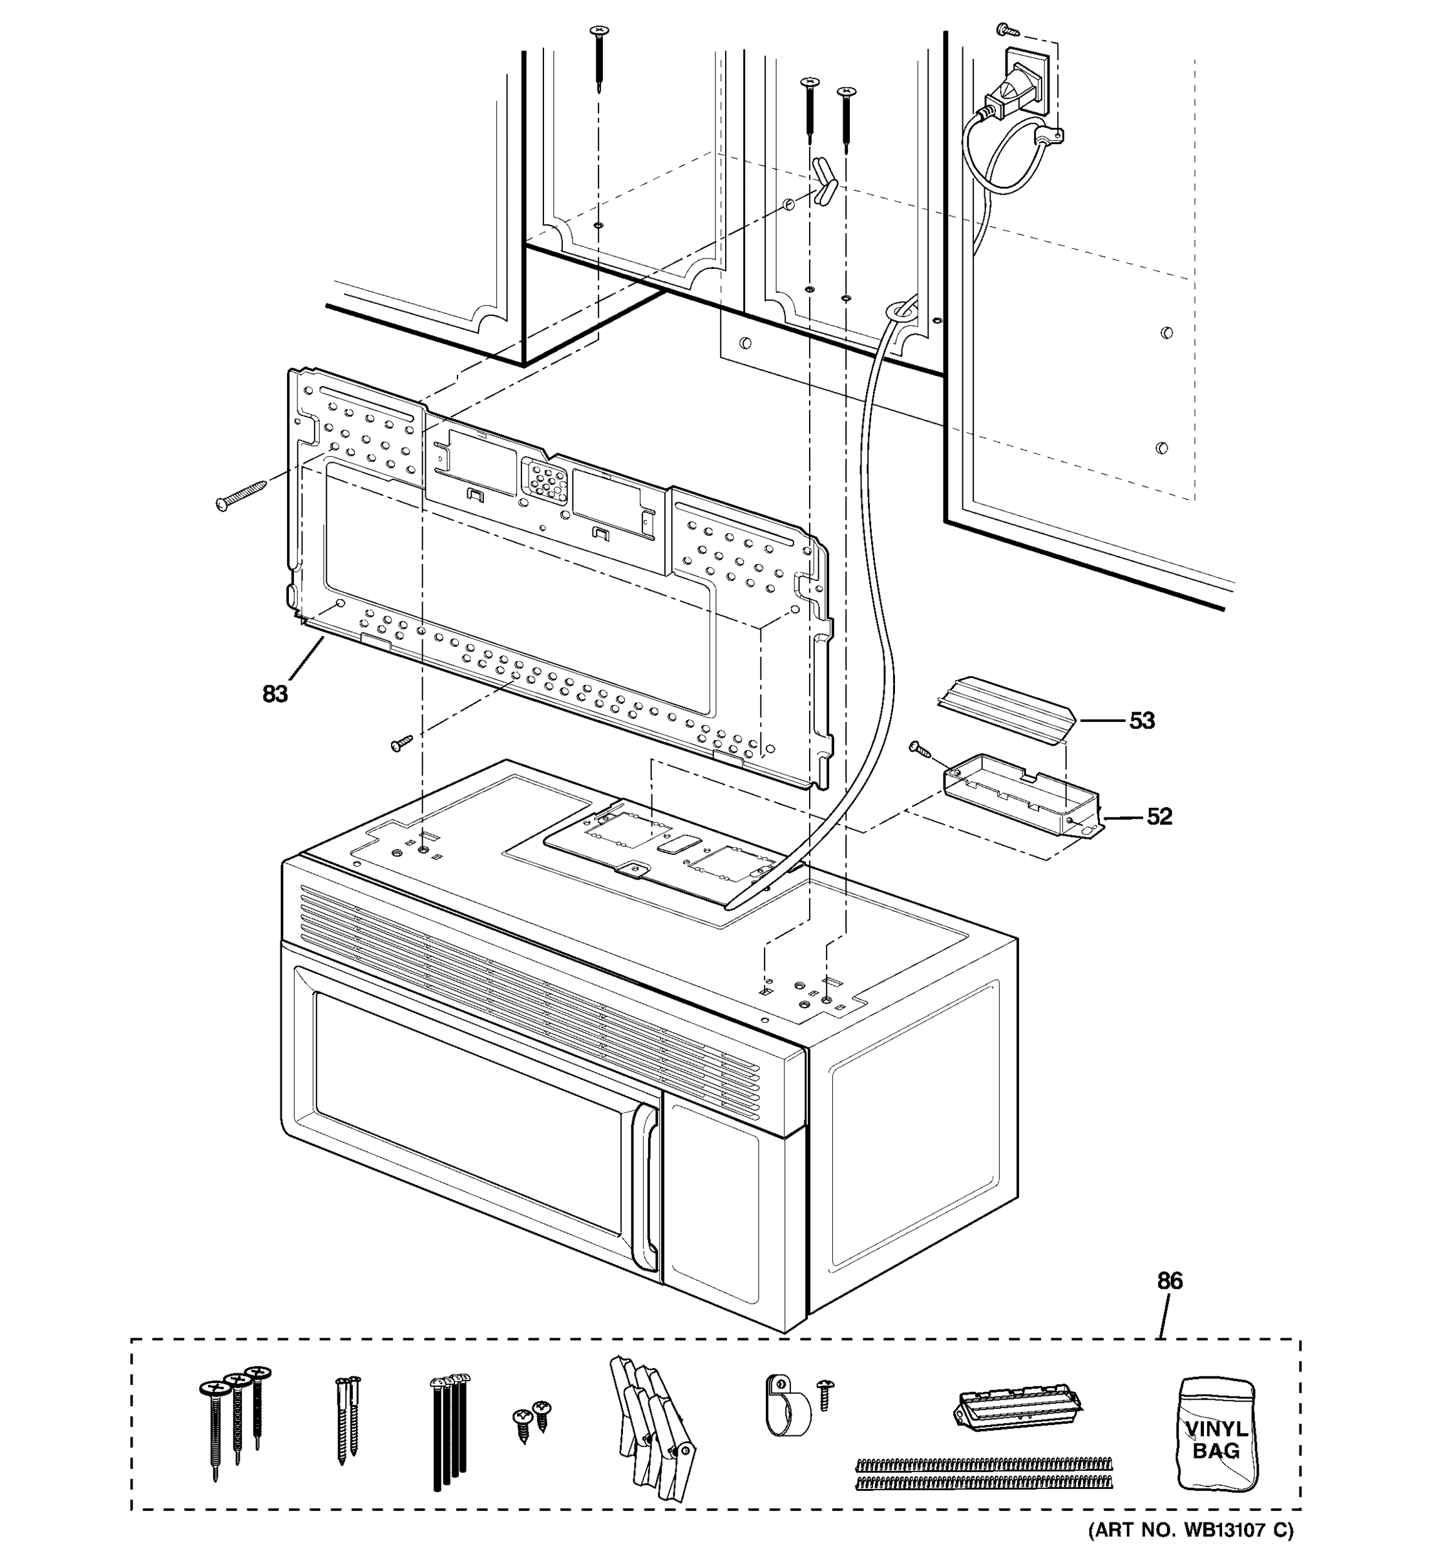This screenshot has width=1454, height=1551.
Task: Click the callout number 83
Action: pos(275,693)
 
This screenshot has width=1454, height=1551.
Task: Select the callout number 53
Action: pos(1141,720)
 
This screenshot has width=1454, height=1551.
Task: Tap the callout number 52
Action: pos(1159,816)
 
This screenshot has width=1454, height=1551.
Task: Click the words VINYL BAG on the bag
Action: pos(1216,1439)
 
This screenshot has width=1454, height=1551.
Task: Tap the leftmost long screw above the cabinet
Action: pos(599,56)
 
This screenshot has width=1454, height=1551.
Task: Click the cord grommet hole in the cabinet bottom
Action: pos(900,310)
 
